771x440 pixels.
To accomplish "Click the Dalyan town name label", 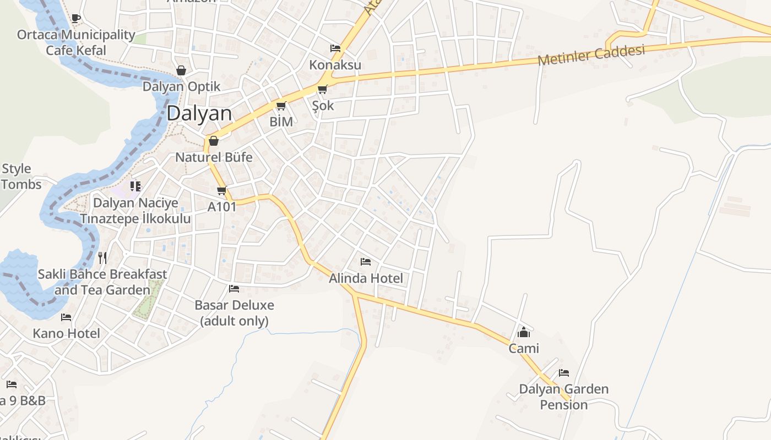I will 199,113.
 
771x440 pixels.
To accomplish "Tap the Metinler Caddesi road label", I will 591,55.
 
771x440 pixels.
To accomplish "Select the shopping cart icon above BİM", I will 281,106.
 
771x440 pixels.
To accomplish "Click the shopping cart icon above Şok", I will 322,89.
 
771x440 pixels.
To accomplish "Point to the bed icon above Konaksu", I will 335,48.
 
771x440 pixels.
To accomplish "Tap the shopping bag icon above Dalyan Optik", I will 181,70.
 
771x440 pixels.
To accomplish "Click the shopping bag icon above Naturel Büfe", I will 214,141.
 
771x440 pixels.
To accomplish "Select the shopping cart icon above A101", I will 221,191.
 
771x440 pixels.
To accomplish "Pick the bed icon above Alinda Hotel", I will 365,262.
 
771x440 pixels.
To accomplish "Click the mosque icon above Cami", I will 523,332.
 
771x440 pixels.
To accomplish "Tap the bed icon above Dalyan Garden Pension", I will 563,373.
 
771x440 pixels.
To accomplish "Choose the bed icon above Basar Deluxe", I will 234,289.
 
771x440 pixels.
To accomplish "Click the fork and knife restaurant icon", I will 102,257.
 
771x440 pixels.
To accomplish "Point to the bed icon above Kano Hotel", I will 66,317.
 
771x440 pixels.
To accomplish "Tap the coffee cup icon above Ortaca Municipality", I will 76,19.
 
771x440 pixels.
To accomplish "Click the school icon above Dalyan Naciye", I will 135,186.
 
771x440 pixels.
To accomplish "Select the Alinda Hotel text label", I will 366,278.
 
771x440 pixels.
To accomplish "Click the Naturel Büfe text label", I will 214,157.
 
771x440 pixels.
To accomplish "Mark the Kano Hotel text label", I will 66,333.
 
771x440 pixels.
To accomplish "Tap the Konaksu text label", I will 335,65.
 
